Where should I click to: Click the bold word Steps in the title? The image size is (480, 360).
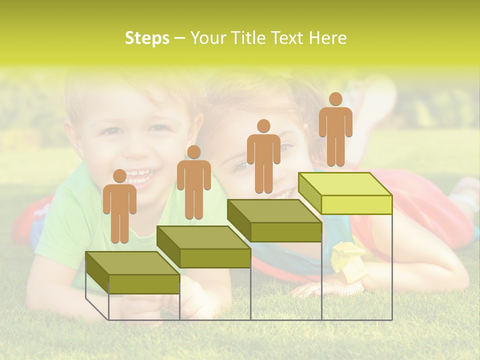click(x=147, y=38)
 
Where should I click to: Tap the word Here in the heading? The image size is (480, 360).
click(x=327, y=38)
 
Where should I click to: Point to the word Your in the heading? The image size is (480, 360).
click(x=209, y=38)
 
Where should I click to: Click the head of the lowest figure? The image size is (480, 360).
click(x=119, y=176)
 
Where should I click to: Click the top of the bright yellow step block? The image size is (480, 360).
click(x=345, y=184)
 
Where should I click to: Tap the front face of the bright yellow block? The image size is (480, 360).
click(x=356, y=204)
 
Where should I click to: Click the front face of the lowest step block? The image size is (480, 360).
click(x=144, y=284)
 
